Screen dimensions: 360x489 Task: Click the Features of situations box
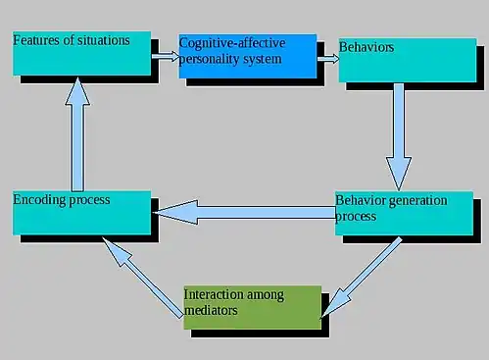82,53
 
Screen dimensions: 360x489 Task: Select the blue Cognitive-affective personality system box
247,56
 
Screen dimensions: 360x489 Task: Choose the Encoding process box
81,212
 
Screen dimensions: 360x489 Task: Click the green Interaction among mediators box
252,307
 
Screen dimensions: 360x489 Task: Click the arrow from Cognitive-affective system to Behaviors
327,58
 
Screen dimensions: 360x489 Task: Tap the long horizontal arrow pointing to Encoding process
245,211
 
